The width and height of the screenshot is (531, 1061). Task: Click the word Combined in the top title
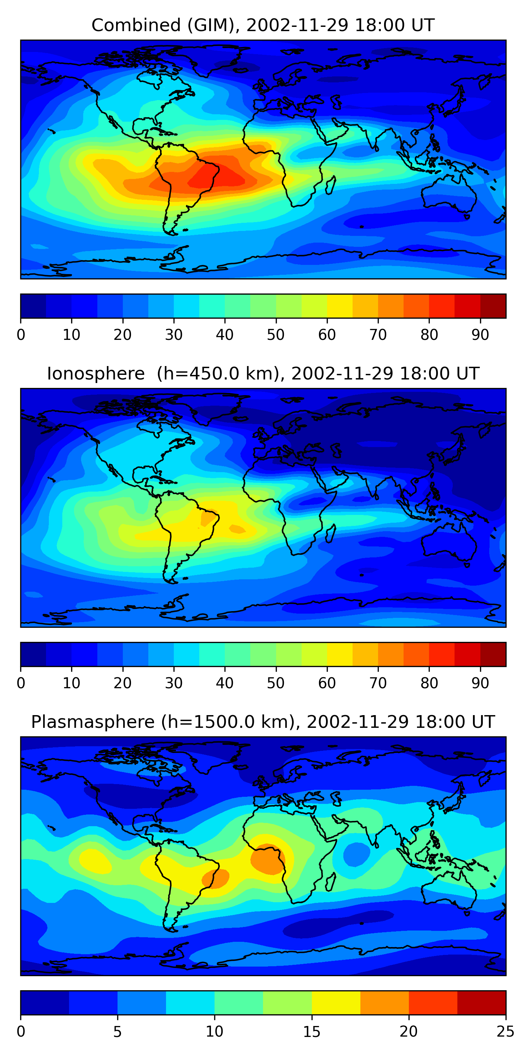pyautogui.click(x=136, y=25)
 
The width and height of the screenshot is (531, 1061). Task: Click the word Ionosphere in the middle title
pyautogui.click(x=96, y=374)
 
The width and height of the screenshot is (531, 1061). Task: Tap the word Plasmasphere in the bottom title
pyautogui.click(x=93, y=722)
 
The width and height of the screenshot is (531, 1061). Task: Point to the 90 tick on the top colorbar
pyautogui.click(x=480, y=335)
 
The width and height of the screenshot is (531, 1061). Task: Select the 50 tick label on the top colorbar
pyautogui.click(x=276, y=335)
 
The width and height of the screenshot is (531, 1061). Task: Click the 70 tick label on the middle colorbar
pyautogui.click(x=378, y=683)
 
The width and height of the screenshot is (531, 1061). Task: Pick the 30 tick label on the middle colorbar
pyautogui.click(x=173, y=683)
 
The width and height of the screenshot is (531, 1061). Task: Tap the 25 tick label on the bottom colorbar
pyautogui.click(x=506, y=1032)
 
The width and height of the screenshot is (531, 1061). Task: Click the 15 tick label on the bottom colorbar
pyautogui.click(x=312, y=1032)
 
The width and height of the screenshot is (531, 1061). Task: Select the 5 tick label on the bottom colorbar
pyautogui.click(x=118, y=1032)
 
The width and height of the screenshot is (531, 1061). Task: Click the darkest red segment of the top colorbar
pyautogui.click(x=493, y=306)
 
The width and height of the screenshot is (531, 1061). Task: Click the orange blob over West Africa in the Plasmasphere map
pyautogui.click(x=267, y=858)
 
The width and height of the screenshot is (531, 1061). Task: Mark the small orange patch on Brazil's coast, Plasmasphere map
pyautogui.click(x=215, y=879)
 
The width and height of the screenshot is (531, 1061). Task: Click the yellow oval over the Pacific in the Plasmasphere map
pyautogui.click(x=95, y=860)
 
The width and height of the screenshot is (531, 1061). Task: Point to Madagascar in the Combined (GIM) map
pyautogui.click(x=331, y=185)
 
